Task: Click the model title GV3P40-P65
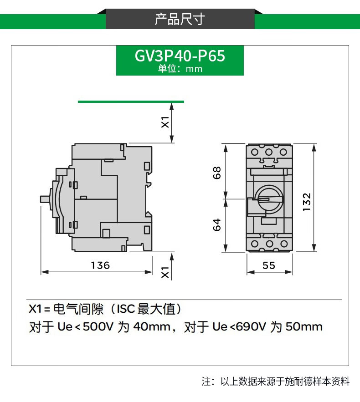coord(180,56)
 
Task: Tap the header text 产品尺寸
coord(180,19)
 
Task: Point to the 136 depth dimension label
coord(100,265)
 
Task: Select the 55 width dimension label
coord(269,265)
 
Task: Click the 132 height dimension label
coord(307,202)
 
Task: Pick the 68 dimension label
coord(217,173)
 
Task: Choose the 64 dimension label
coord(217,224)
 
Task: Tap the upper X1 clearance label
coord(165,122)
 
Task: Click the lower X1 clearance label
coord(165,272)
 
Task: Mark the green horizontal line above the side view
coord(131,102)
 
